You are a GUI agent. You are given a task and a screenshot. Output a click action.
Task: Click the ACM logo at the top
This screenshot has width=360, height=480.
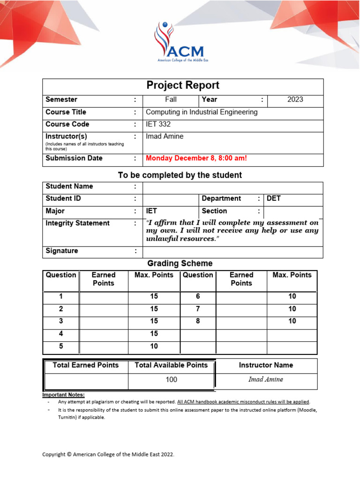coord(179,43)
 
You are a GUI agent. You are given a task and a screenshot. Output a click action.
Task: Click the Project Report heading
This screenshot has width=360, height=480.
coord(183,85)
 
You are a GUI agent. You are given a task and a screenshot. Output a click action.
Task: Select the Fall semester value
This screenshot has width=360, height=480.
coord(171,99)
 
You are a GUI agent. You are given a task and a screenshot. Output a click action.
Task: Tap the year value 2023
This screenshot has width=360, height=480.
coord(295,99)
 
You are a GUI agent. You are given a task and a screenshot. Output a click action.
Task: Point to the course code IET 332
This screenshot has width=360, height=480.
coord(158,124)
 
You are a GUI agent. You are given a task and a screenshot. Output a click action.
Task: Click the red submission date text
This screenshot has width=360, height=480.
coord(196,158)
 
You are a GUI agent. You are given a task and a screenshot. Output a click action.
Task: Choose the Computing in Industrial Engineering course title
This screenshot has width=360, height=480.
coord(202,112)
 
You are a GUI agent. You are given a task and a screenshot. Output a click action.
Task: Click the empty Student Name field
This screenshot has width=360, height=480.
coord(232,187)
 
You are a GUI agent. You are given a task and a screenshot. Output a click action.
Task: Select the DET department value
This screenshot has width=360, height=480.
coord(274,198)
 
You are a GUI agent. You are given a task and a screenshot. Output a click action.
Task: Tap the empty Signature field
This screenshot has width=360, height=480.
coord(232,251)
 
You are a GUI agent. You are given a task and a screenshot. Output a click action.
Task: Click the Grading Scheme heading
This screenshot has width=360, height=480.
coord(180,263)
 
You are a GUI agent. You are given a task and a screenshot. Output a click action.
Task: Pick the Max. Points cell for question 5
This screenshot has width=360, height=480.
coord(154,346)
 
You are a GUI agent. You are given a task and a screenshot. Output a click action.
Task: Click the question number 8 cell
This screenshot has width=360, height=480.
coord(198,322)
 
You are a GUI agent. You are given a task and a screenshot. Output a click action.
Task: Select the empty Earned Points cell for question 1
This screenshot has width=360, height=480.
coord(103,297)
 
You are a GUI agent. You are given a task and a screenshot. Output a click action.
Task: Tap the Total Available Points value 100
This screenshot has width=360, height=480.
coord(171,380)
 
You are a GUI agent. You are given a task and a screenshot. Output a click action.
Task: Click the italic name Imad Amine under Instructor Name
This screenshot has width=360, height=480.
coord(266,380)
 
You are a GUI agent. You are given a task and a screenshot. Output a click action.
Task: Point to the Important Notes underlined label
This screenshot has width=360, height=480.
coord(64,395)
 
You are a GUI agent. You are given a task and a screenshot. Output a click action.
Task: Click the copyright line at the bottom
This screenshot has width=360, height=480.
coord(108,454)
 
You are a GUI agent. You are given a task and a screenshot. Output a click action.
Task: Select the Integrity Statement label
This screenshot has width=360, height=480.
coord(77,223)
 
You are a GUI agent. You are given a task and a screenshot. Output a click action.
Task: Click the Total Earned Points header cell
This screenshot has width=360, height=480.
coord(86,365)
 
